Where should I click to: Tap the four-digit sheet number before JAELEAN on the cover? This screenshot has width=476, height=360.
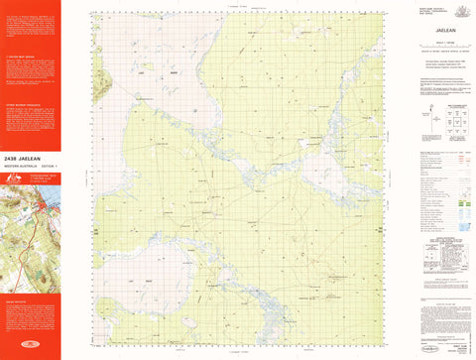click(15, 157)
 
